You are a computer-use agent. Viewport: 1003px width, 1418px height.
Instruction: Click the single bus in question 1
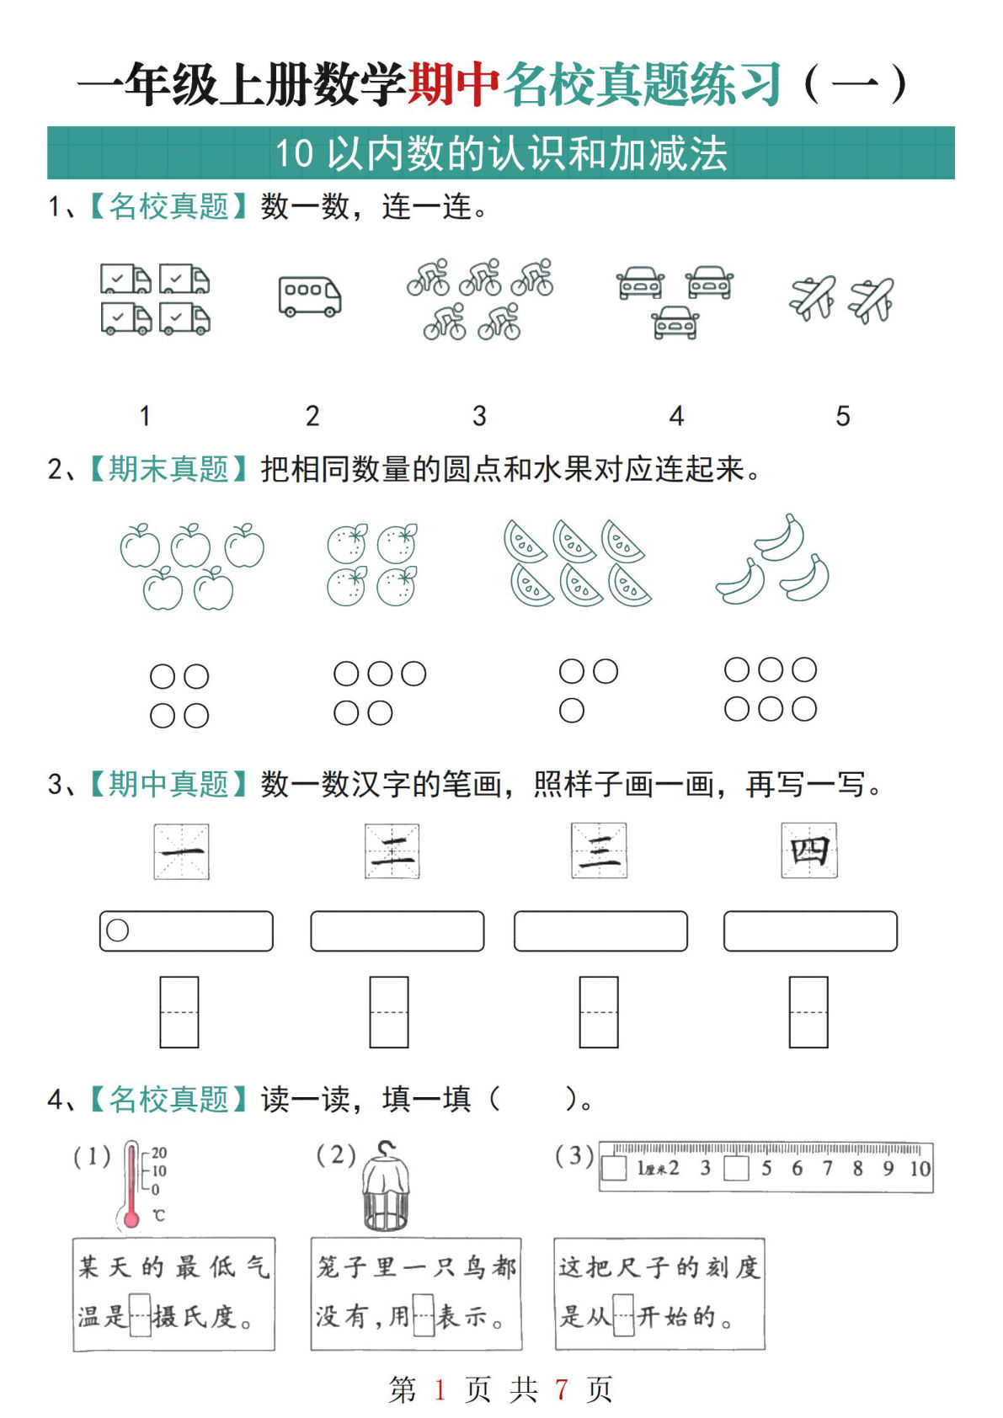pos(310,296)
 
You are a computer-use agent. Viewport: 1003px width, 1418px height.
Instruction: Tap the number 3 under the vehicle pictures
pos(479,416)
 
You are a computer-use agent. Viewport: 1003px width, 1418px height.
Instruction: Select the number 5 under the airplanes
pos(842,416)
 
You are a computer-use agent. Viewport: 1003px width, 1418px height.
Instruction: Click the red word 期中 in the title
pos(455,85)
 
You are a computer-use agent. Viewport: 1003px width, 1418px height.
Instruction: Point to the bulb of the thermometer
pos(131,1218)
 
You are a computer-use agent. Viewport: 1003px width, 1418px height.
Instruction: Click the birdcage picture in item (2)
pos(387,1187)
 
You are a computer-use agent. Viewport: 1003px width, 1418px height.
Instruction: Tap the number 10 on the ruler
pos(920,1169)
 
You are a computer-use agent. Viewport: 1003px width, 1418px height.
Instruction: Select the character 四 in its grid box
pos(809,851)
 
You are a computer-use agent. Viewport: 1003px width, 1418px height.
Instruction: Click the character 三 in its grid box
pos(599,851)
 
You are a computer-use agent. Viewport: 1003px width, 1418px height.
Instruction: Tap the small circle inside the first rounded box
pos(118,930)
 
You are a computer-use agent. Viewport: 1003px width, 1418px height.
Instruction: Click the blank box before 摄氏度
pos(140,1315)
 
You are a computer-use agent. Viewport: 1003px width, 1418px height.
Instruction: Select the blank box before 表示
pos(424,1315)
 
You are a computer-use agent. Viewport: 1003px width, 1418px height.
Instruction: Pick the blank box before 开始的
pos(623,1315)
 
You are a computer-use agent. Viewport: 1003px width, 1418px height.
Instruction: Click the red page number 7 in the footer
pos(561,1389)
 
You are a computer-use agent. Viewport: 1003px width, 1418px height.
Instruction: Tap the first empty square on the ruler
pos(615,1169)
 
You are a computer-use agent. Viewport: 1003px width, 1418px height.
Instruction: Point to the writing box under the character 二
pos(389,1011)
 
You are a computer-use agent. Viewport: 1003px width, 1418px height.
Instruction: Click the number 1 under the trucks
pos(145,416)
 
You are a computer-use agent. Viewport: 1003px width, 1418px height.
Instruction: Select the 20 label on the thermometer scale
pos(159,1153)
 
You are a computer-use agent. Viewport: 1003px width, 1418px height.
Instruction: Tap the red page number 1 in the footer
pos(440,1389)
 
